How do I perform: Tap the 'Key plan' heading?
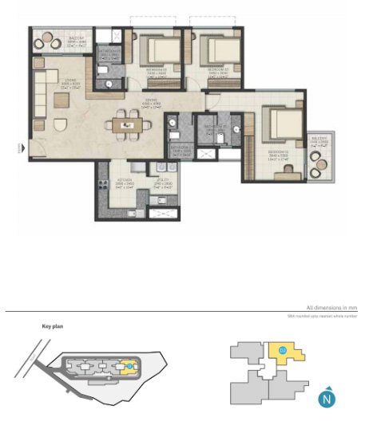pyautogui.click(x=52, y=327)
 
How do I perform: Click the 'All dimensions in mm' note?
pyautogui.click(x=331, y=308)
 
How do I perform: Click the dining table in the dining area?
pyautogui.click(x=125, y=123)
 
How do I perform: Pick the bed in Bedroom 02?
pyautogui.click(x=210, y=49)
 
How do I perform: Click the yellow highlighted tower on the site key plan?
pyautogui.click(x=129, y=366)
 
